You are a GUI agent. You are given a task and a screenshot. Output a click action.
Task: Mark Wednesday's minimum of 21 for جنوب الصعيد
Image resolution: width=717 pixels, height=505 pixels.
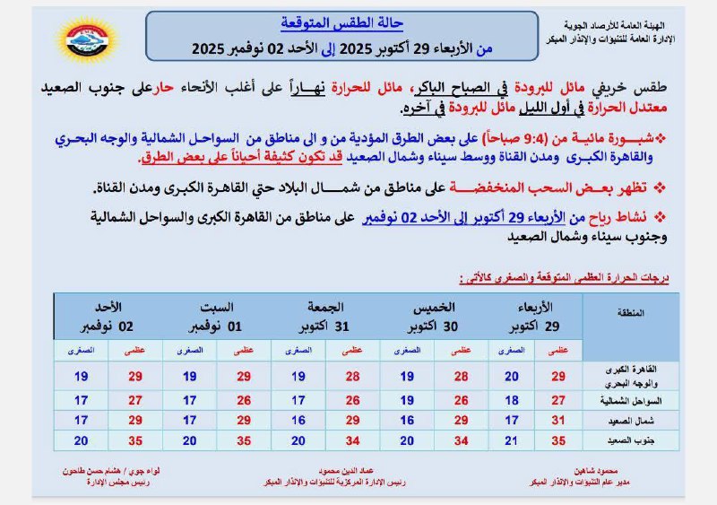click(512, 440)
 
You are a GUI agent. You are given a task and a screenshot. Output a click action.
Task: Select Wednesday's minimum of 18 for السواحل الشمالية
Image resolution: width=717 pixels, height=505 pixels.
click(512, 399)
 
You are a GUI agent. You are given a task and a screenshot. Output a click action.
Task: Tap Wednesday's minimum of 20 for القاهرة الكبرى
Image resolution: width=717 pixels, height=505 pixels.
click(512, 376)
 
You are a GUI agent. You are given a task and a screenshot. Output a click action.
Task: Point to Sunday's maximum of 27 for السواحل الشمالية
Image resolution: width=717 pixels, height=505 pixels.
click(135, 399)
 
